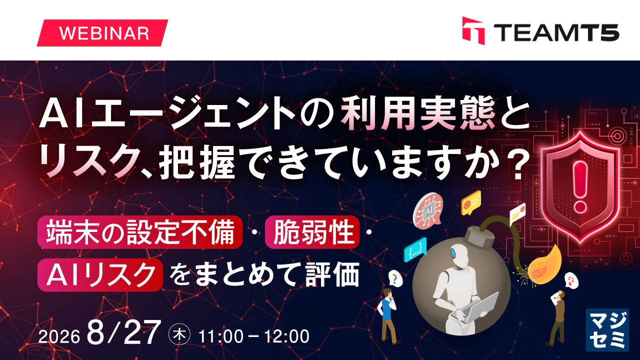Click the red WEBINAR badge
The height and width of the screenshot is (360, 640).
tap(102, 33)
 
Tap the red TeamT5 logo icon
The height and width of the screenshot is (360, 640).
tap(473, 31)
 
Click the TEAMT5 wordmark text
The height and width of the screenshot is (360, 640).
tap(556, 32)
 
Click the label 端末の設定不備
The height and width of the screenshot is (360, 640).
tap(140, 232)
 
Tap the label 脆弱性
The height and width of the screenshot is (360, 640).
tap(312, 232)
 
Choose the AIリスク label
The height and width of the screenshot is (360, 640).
tap(100, 274)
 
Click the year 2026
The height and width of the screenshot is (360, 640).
tap(59, 337)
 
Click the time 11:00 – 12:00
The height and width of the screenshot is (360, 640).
tap(253, 336)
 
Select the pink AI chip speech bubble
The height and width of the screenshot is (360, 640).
tap(427, 209)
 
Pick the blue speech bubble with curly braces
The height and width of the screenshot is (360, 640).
tap(415, 249)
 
